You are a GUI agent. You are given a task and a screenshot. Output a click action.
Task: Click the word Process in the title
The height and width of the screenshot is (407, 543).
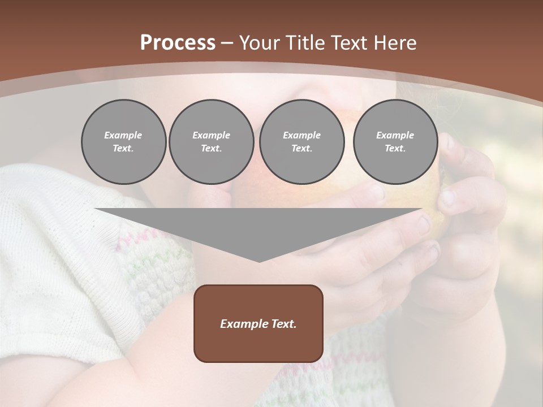[178, 42]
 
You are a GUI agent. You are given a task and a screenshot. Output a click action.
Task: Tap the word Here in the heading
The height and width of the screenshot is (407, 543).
[395, 42]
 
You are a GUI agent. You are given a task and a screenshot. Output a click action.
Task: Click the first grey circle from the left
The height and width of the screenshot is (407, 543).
[124, 142]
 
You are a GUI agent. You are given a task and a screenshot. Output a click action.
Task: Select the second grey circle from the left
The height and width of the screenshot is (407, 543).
[212, 142]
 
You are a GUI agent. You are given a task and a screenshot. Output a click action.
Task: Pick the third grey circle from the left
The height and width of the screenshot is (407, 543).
[302, 142]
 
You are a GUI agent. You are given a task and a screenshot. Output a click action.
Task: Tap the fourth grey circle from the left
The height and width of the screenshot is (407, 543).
[395, 142]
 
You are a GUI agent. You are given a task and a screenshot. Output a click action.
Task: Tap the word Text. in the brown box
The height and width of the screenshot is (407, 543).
[282, 324]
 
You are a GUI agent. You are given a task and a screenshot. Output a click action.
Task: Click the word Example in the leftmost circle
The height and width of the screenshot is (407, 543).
[123, 135]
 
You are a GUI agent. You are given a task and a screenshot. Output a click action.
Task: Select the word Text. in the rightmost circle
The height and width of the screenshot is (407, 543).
[395, 149]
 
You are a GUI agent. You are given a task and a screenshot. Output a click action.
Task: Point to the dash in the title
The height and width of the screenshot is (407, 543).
[227, 43]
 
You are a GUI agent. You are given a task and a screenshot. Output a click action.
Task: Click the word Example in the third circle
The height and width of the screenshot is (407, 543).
[301, 135]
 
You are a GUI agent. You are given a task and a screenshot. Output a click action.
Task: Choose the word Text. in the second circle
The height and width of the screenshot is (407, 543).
[212, 149]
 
